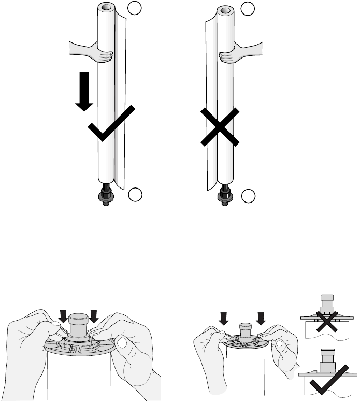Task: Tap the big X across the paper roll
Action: [220, 126]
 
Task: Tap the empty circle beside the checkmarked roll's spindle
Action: [135, 195]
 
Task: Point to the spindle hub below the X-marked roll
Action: [225, 196]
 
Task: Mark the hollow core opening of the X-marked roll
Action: [224, 9]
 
